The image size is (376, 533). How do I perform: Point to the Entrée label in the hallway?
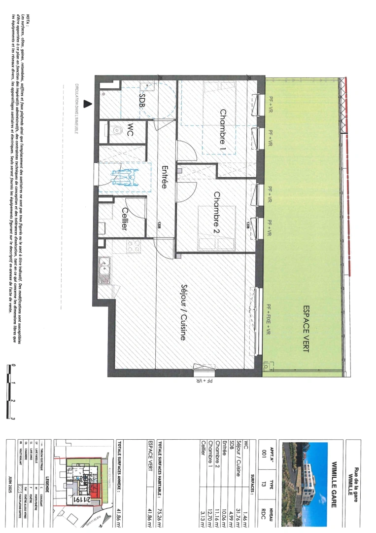(165, 178)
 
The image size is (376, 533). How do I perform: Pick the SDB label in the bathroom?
(142, 102)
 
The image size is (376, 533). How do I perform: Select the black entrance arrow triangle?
(88, 104)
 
